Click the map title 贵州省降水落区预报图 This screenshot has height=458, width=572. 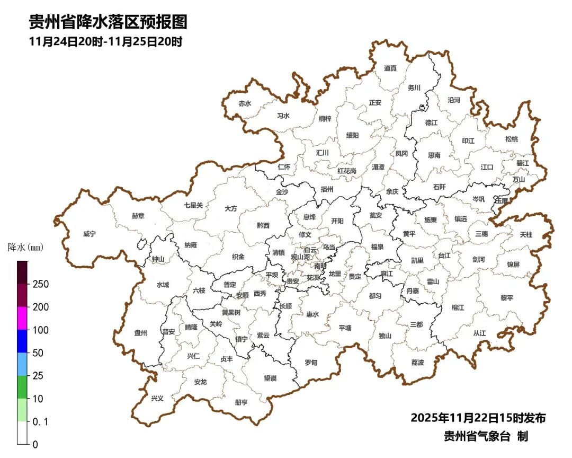[x=108, y=22]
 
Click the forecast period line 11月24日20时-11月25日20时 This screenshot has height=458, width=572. [x=106, y=42]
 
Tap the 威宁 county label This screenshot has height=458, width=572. [x=90, y=233]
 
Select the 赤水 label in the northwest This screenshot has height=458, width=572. [x=244, y=103]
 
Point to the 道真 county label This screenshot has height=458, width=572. [x=390, y=68]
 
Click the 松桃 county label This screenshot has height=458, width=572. [x=511, y=139]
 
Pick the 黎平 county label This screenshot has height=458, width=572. [x=507, y=298]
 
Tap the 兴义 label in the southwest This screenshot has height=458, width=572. [x=157, y=398]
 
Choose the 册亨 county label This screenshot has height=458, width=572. [x=241, y=402]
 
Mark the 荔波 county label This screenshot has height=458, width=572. [x=417, y=362]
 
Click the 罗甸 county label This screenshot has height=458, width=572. [x=311, y=362]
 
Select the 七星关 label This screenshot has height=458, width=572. [x=193, y=205]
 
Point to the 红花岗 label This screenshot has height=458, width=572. [x=347, y=171]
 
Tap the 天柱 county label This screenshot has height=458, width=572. [x=526, y=234]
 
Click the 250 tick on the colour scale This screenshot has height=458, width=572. [x=40, y=284]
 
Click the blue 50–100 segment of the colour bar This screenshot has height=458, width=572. [x=22, y=341]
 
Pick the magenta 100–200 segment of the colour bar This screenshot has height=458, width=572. [x=22, y=318]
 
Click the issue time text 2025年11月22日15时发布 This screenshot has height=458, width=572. [x=478, y=418]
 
